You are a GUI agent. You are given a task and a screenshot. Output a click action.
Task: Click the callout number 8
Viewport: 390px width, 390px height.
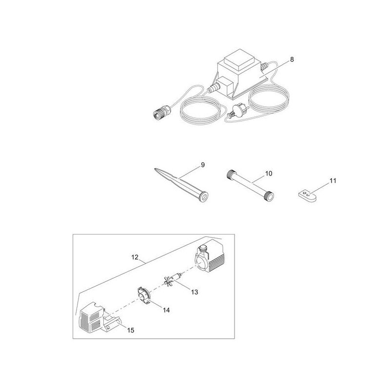click(x=292, y=59)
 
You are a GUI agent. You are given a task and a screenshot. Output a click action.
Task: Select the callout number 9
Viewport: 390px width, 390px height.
click(x=203, y=165)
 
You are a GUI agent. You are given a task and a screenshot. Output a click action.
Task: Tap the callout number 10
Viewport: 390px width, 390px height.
click(x=269, y=174)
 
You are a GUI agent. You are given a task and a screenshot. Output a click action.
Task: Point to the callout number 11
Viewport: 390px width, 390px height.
click(x=333, y=181)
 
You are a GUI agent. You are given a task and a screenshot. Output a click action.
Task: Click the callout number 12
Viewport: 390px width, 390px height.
click(x=135, y=257)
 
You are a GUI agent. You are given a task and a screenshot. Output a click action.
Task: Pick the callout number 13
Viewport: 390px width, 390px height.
click(x=195, y=292)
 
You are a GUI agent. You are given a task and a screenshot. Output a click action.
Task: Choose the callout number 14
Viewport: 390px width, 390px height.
click(x=166, y=310)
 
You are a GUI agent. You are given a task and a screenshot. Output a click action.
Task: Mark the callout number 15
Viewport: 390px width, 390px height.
click(x=131, y=331)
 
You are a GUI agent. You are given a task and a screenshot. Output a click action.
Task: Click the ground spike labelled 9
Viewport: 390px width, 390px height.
click(x=181, y=182)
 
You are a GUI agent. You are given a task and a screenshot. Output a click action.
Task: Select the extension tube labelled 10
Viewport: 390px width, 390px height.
click(x=250, y=185)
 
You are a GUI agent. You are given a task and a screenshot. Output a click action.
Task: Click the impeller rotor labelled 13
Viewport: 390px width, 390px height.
click(x=174, y=279)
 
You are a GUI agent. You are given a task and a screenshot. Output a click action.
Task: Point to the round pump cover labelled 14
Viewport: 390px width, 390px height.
click(x=144, y=295)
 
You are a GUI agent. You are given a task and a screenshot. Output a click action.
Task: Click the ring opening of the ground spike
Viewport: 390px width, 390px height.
click(x=204, y=197)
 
